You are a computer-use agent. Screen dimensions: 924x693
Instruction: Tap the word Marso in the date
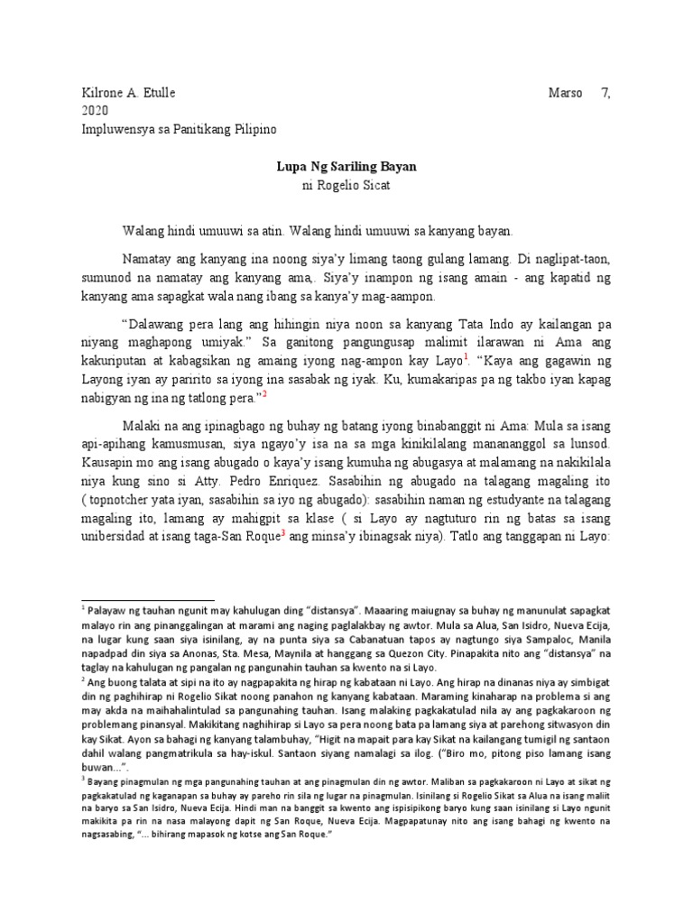567,93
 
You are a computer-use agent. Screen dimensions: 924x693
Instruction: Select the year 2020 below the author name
94,111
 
